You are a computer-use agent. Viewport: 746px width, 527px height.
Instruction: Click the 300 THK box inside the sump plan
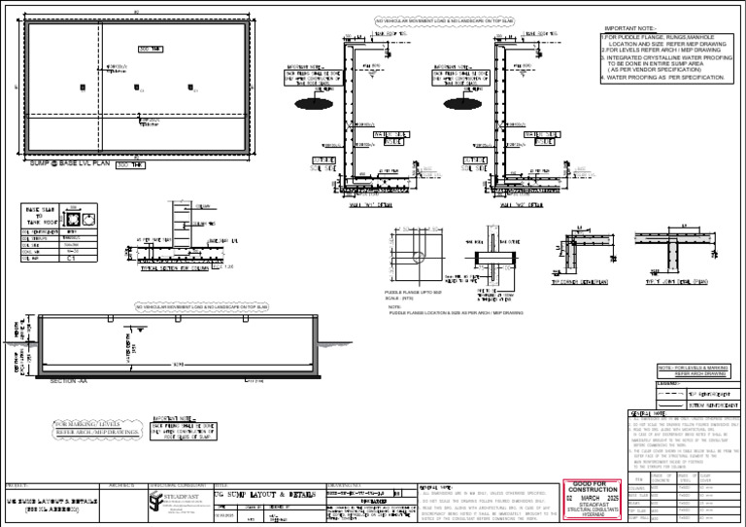152,49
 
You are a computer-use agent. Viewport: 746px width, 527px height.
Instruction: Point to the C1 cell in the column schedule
72,261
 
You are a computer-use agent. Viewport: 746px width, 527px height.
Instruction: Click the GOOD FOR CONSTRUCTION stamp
592,491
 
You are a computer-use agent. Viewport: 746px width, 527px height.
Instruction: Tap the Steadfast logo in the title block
159,500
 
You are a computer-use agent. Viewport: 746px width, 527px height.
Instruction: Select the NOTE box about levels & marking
693,370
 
